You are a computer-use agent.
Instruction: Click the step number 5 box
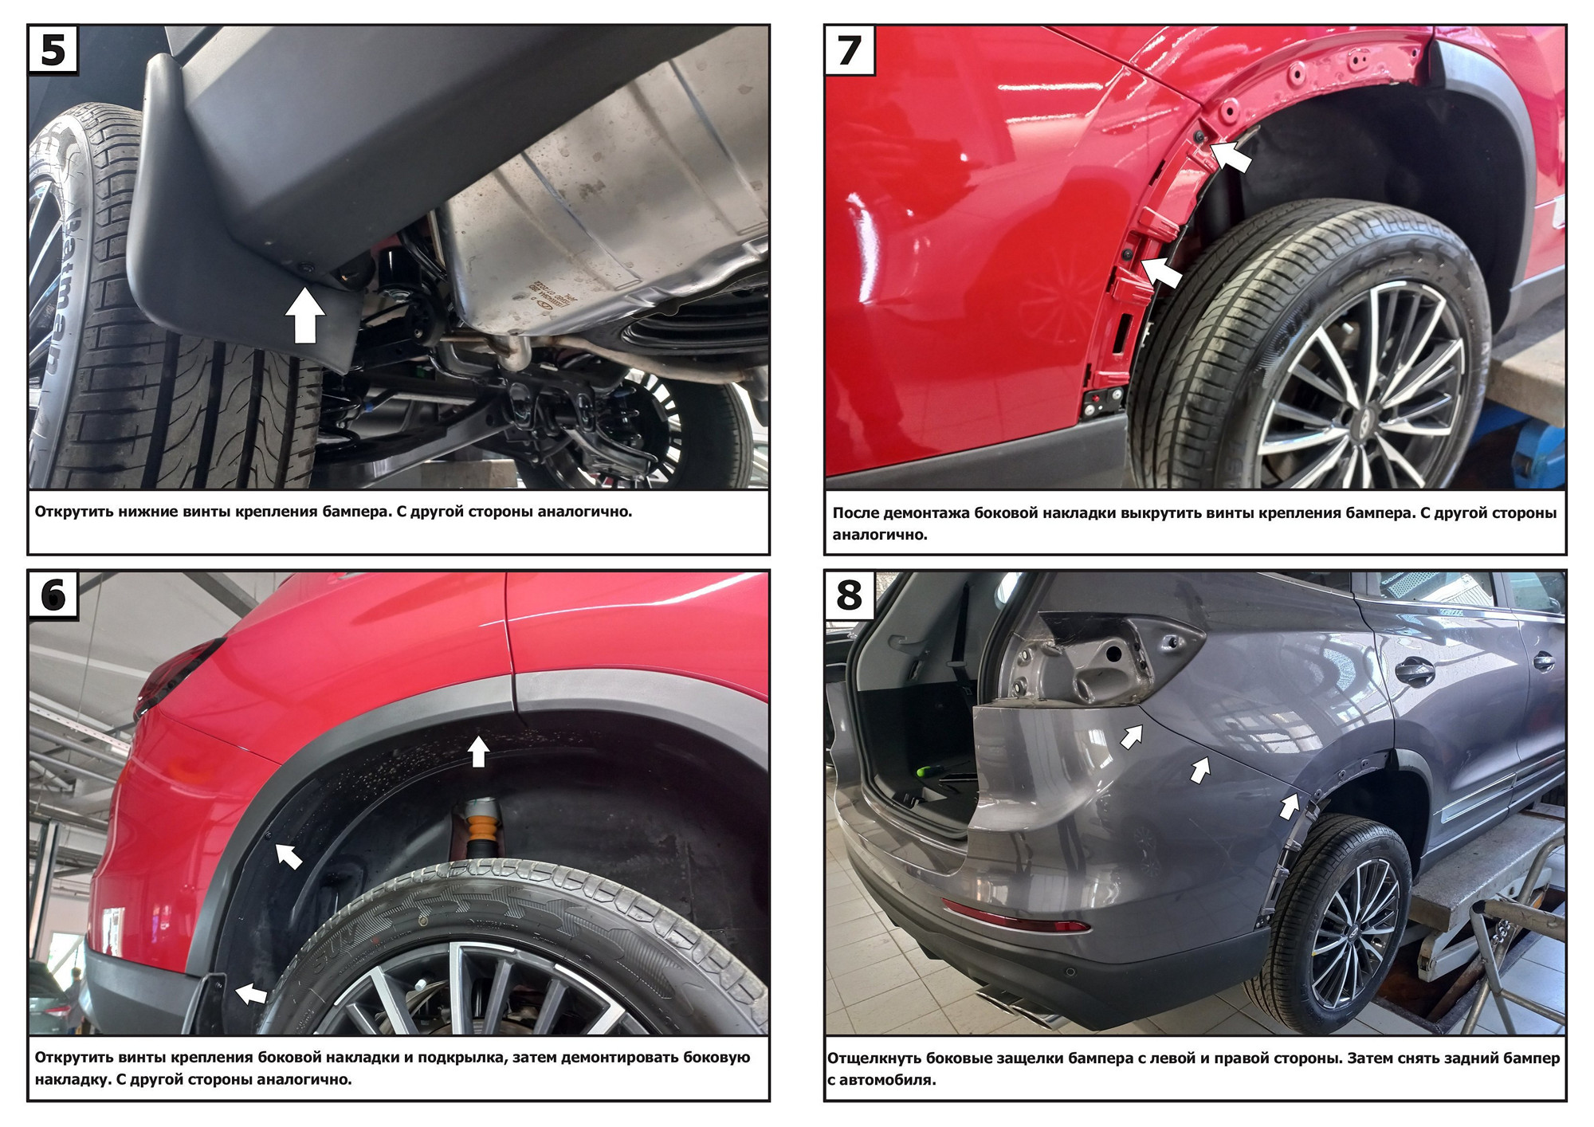[x=53, y=49]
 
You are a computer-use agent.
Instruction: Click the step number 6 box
[x=53, y=595]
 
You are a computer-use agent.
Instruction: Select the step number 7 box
[x=850, y=49]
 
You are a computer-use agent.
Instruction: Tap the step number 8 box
[x=850, y=595]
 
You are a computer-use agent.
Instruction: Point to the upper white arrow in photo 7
[x=1231, y=155]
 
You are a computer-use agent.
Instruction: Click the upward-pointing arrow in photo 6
[x=478, y=751]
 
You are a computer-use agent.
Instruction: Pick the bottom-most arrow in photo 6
[x=251, y=993]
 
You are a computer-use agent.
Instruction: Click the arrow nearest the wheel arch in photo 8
[x=1290, y=805]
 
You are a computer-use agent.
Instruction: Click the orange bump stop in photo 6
[x=479, y=828]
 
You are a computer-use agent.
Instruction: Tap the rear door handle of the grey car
[x=1415, y=672]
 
